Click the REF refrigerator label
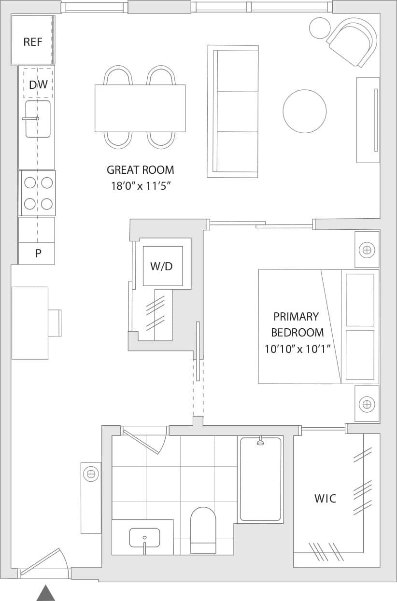tap(33, 42)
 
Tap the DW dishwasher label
tap(38, 85)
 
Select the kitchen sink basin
tap(38, 119)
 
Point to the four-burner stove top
tap(38, 193)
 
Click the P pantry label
tap(38, 253)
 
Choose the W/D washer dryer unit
tap(163, 266)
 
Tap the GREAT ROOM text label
tap(140, 170)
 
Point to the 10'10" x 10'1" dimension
tap(297, 349)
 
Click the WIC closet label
tap(325, 499)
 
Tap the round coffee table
tap(304, 111)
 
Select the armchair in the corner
tap(353, 42)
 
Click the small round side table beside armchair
tap(319, 28)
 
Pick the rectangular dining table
tap(140, 108)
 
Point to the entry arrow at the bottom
tap(46, 593)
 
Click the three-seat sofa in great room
tap(233, 111)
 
